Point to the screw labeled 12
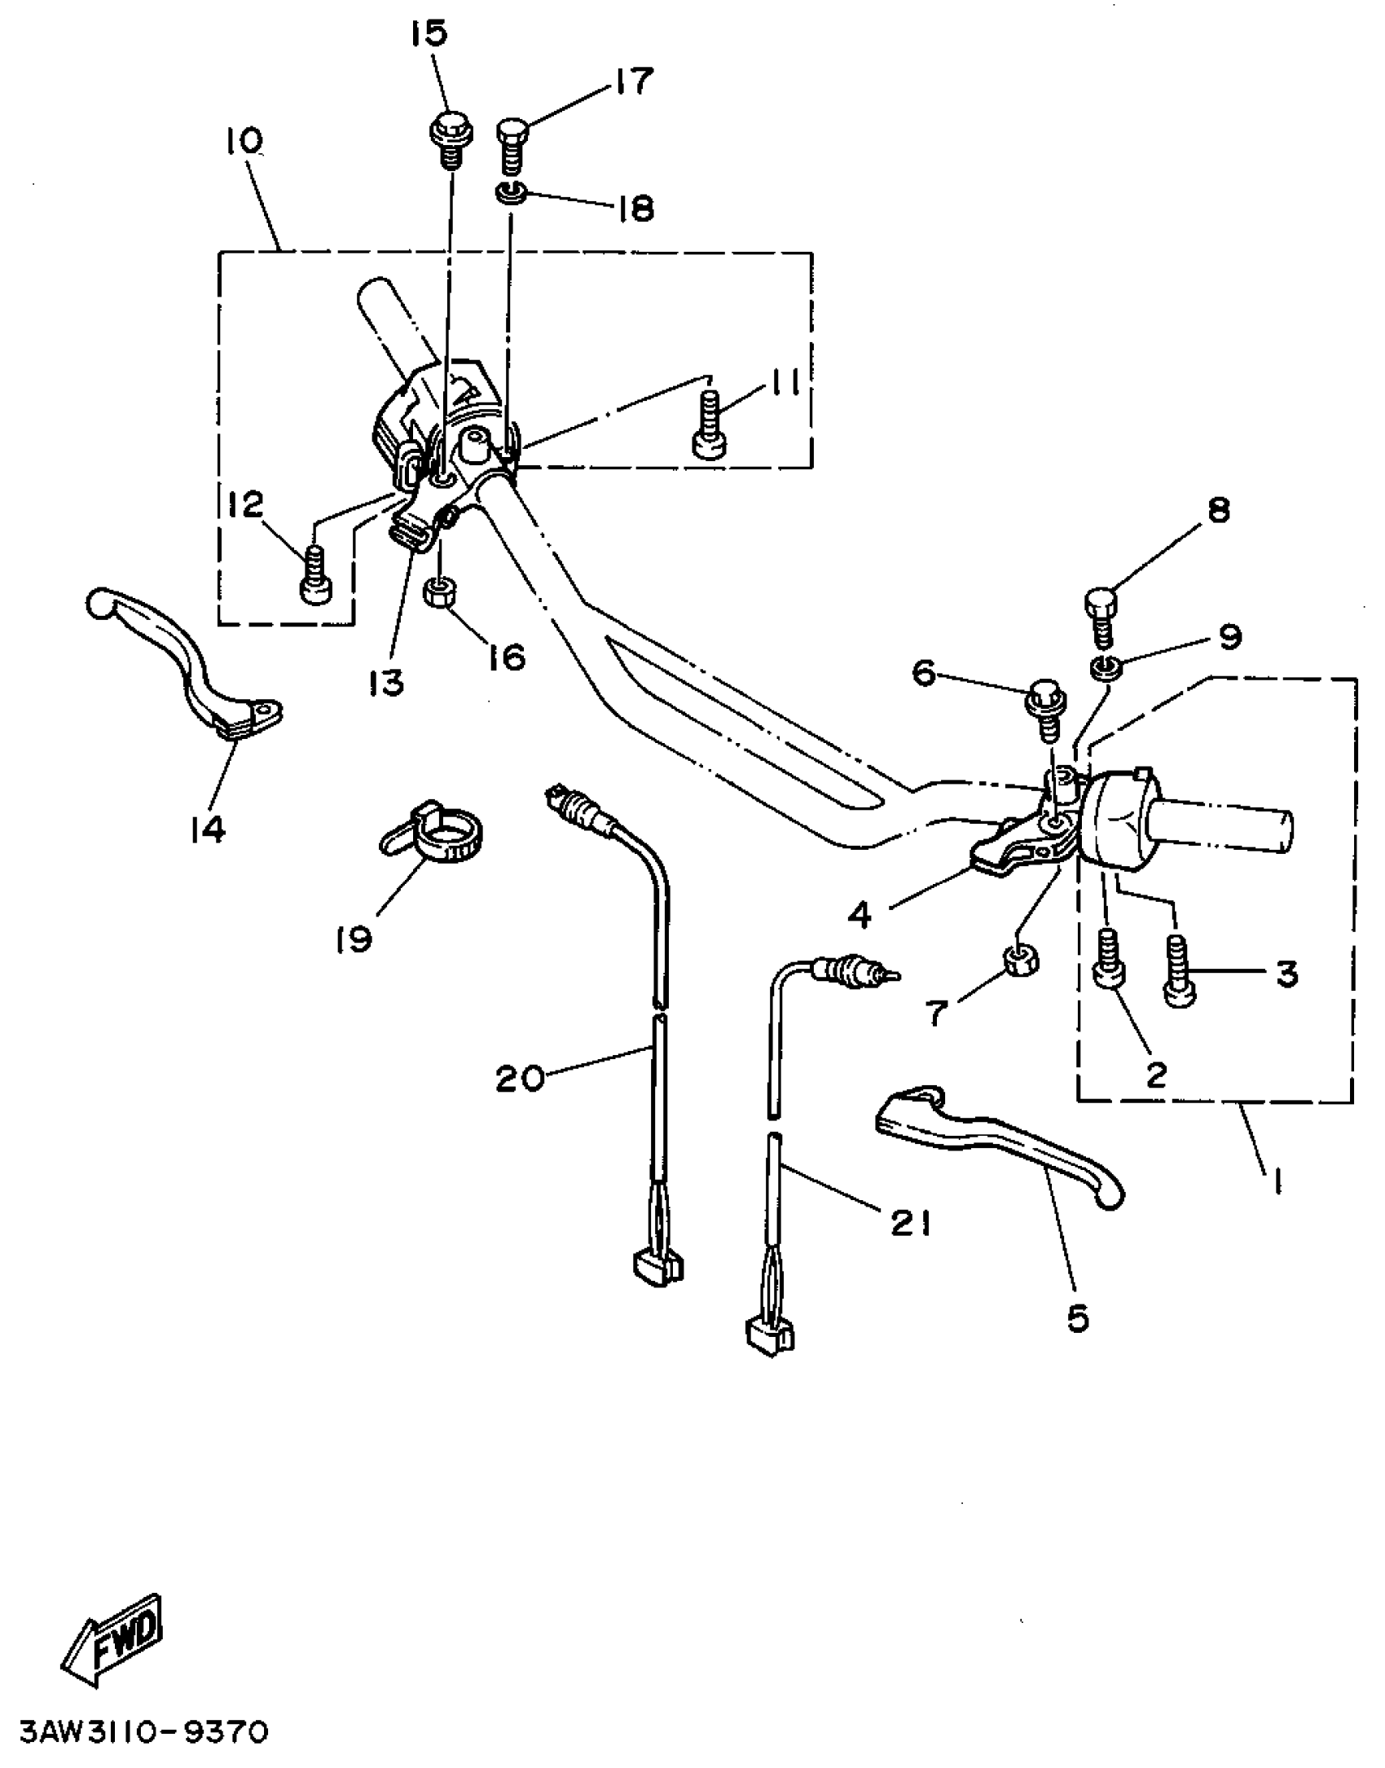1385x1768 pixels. (313, 574)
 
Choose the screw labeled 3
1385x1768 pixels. (1178, 971)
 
